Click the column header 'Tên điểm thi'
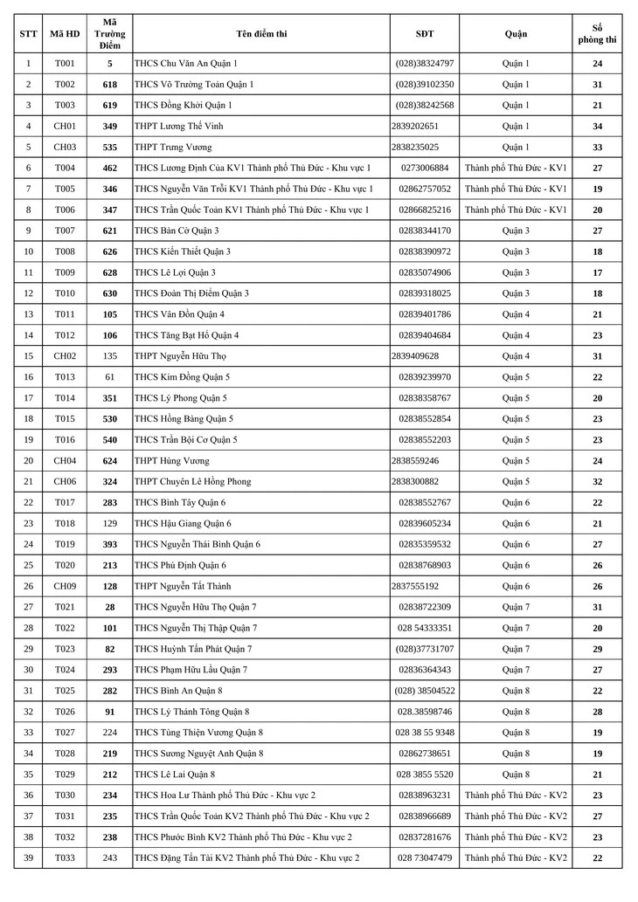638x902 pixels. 261,34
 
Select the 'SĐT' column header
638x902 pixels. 425,34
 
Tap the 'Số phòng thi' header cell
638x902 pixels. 597,34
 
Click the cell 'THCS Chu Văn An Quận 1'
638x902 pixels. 186,64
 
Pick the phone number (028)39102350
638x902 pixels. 425,85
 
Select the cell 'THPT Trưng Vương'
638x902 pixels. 173,147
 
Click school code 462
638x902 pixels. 109,168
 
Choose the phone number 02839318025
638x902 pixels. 425,293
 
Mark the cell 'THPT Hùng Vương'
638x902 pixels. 173,460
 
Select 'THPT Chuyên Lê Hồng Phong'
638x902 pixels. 193,481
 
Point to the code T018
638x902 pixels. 65,523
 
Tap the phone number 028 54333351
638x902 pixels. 425,628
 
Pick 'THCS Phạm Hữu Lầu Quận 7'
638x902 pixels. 191,670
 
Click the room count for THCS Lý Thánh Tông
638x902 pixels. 597,712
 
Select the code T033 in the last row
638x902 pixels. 65,857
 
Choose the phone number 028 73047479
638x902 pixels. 425,857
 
